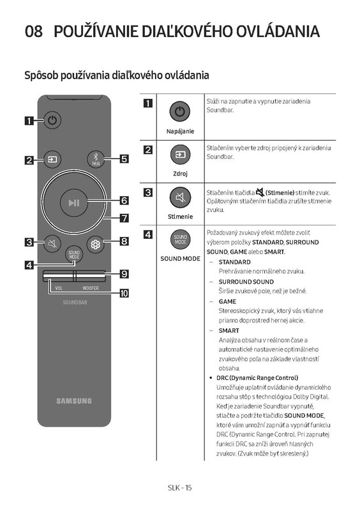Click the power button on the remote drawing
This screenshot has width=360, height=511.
(x=52, y=120)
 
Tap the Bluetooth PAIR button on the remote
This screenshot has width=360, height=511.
(x=96, y=160)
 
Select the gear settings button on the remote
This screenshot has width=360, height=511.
(x=96, y=244)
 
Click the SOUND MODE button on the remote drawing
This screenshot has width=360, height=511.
(x=74, y=254)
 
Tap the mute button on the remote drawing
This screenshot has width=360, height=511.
(x=52, y=243)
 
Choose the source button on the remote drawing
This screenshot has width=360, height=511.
(x=52, y=160)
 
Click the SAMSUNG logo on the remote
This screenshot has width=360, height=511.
(x=74, y=401)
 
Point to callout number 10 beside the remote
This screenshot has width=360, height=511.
(x=124, y=293)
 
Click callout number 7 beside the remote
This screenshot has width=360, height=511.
(x=124, y=218)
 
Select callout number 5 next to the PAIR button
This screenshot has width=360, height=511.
(x=124, y=159)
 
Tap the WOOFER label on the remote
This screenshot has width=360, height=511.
(x=91, y=288)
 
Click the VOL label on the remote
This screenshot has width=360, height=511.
(x=59, y=288)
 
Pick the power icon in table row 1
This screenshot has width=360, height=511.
(x=180, y=112)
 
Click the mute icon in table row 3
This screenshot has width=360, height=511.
(x=180, y=197)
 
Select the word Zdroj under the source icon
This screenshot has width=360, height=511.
(x=180, y=174)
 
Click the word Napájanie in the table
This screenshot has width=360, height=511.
(x=180, y=132)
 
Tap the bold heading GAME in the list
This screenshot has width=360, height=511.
(x=227, y=301)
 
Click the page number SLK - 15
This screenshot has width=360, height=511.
(x=180, y=487)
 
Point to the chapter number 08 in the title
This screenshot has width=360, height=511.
(x=34, y=31)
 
